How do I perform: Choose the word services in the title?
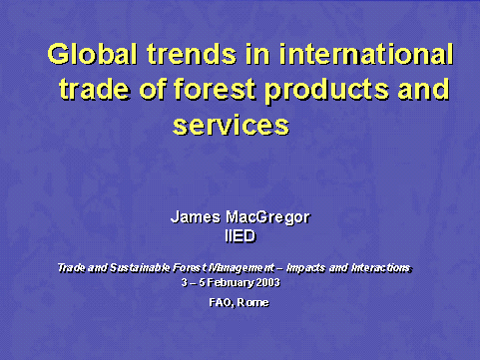point(231,127)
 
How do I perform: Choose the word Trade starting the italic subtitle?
point(72,267)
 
